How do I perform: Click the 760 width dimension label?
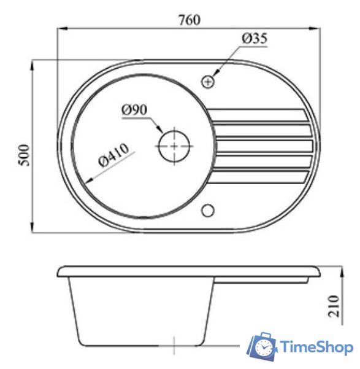pos(190,19)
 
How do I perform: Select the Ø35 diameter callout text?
pos(255,39)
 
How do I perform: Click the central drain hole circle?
pos(175,146)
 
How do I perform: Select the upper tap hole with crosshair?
pos(208,80)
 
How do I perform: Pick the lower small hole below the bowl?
pos(208,211)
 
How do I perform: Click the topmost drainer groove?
pos(261,115)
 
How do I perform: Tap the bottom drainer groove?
pos(261,179)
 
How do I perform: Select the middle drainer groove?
pos(264,147)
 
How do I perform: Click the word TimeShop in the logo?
pos(317,348)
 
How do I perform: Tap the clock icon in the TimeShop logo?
pos(263,348)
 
